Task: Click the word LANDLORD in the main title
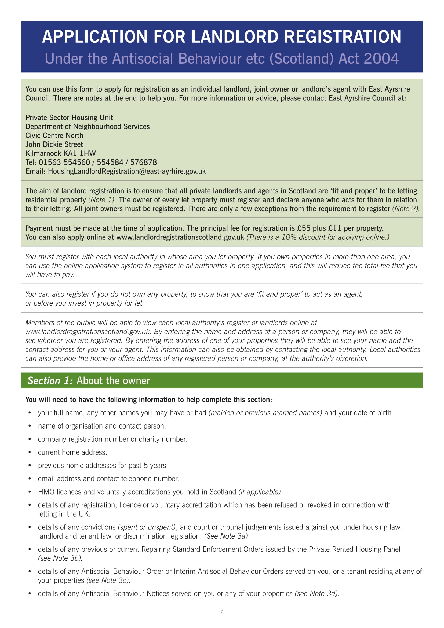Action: click(x=235, y=37)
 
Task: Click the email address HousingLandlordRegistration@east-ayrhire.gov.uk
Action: click(x=127, y=171)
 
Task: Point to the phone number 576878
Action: click(x=143, y=162)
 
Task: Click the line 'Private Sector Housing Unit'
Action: click(x=69, y=117)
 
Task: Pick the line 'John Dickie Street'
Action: click(x=54, y=144)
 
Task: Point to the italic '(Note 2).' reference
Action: click(x=406, y=209)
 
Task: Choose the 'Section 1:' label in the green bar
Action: click(x=50, y=380)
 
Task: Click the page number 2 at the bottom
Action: click(x=222, y=612)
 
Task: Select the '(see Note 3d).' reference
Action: click(x=317, y=594)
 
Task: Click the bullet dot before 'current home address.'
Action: click(x=30, y=452)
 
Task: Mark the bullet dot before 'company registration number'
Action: click(x=30, y=439)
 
